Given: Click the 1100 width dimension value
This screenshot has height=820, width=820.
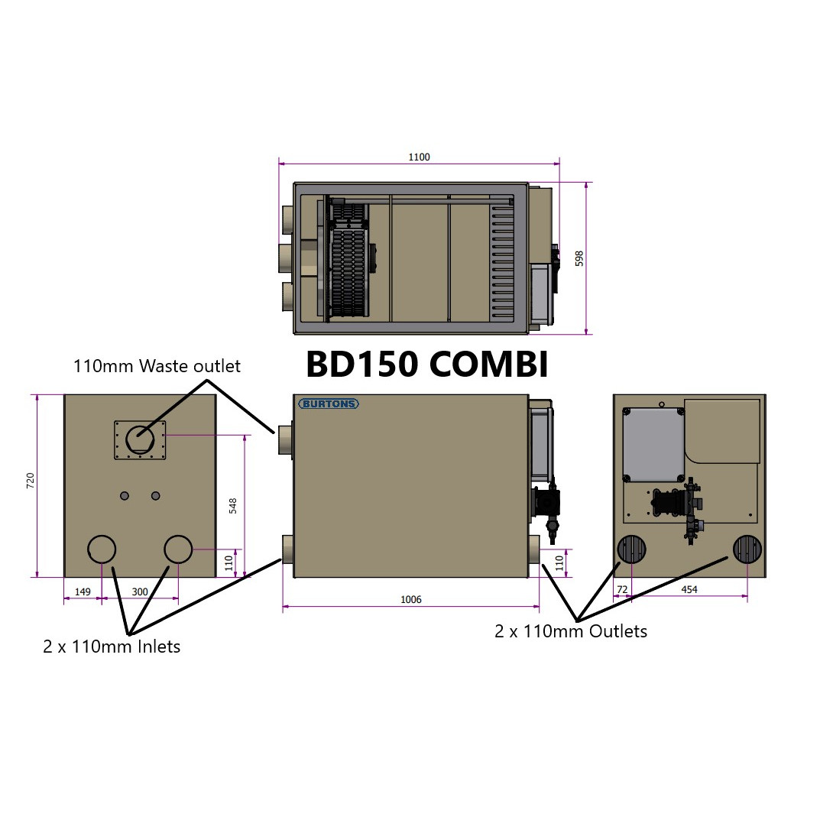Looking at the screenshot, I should coord(419,157).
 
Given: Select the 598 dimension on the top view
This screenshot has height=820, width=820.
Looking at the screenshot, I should coord(579,259).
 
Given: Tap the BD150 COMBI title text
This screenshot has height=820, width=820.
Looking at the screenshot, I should coord(426,365).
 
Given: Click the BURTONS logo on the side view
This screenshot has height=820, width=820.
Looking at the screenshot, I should coord(329,404).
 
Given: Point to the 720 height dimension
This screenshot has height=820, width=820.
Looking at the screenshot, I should coord(31,481).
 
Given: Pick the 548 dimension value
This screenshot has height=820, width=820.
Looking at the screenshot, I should coord(233,505).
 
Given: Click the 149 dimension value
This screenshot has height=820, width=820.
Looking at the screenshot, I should coord(83,592).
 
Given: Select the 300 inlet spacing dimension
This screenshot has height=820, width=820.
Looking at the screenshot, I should coord(140,592).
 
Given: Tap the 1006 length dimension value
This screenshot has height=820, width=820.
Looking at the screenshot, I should coord(411,600).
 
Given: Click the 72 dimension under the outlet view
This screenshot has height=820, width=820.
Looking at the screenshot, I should coord(622,590).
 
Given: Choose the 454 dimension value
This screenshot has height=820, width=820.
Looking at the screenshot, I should coord(689,590).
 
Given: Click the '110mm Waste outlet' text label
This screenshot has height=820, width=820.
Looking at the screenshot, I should coord(157,366).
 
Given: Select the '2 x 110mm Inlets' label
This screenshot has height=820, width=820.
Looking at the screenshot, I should coord(112,647).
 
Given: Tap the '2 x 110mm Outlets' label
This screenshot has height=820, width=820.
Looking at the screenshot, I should coord(571,631).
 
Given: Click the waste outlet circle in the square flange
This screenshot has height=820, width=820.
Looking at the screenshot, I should coord(140,440).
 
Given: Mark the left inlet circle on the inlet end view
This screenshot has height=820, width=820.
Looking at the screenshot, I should coord(102,549).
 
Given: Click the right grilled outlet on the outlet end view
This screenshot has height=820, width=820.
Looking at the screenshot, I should coord(747,549).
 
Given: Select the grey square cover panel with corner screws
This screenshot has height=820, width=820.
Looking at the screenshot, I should coord(653,444).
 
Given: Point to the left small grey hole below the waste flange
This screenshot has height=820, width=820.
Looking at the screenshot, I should coord(125,496).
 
